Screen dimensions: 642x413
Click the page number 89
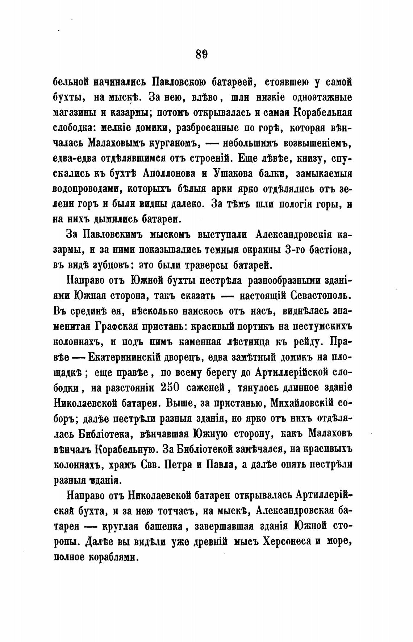point(201,54)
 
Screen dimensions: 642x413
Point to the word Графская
point(117,326)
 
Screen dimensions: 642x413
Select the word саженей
point(207,387)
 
